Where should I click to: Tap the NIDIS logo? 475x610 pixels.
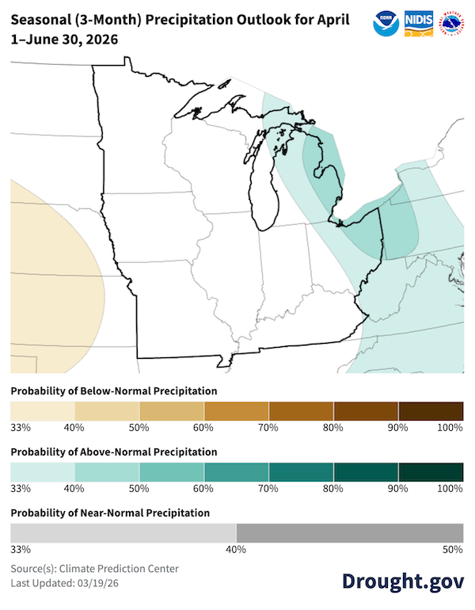coord(418,23)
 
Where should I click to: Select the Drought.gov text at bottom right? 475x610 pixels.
coord(403,581)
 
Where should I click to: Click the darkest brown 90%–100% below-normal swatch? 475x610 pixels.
coord(431,411)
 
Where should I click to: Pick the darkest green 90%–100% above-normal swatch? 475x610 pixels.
coord(431,471)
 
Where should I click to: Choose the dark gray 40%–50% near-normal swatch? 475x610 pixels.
coord(349,532)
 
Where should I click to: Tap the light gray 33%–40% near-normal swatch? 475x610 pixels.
coord(123,532)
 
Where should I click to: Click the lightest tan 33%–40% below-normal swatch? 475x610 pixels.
coord(42,411)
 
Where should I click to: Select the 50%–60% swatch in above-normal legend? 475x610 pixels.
coord(172,471)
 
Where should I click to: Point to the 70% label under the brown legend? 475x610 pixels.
coord(267,428)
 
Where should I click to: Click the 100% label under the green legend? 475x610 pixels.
coord(450,488)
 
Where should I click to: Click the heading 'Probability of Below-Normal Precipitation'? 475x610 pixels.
coord(113,391)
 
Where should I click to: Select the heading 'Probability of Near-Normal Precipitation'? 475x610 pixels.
coord(110,513)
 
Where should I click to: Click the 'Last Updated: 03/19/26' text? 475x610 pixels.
coord(66,583)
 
